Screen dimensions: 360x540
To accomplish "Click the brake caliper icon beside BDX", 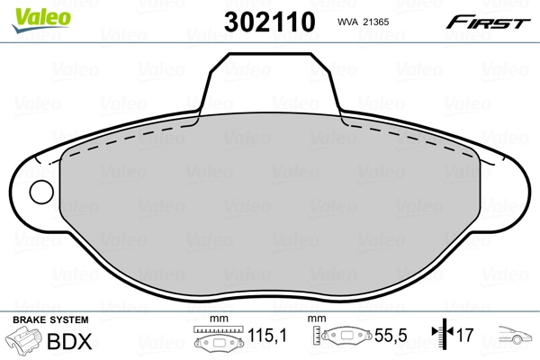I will tap(23, 342).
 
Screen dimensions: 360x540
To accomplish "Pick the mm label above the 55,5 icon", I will tap(316, 320).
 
